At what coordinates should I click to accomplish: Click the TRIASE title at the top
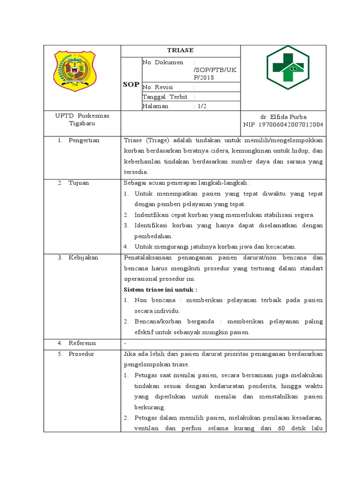point(180,50)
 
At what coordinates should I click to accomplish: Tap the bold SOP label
point(131,84)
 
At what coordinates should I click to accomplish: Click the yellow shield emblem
point(75,71)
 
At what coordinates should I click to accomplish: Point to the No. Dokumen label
point(163,62)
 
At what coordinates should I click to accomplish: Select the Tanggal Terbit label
point(165,97)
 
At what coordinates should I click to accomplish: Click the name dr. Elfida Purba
point(283,116)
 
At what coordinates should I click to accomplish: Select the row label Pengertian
point(84,140)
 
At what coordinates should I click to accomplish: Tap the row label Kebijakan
point(83,257)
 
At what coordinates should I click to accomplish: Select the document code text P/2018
point(204,77)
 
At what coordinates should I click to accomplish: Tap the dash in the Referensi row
point(125,343)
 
